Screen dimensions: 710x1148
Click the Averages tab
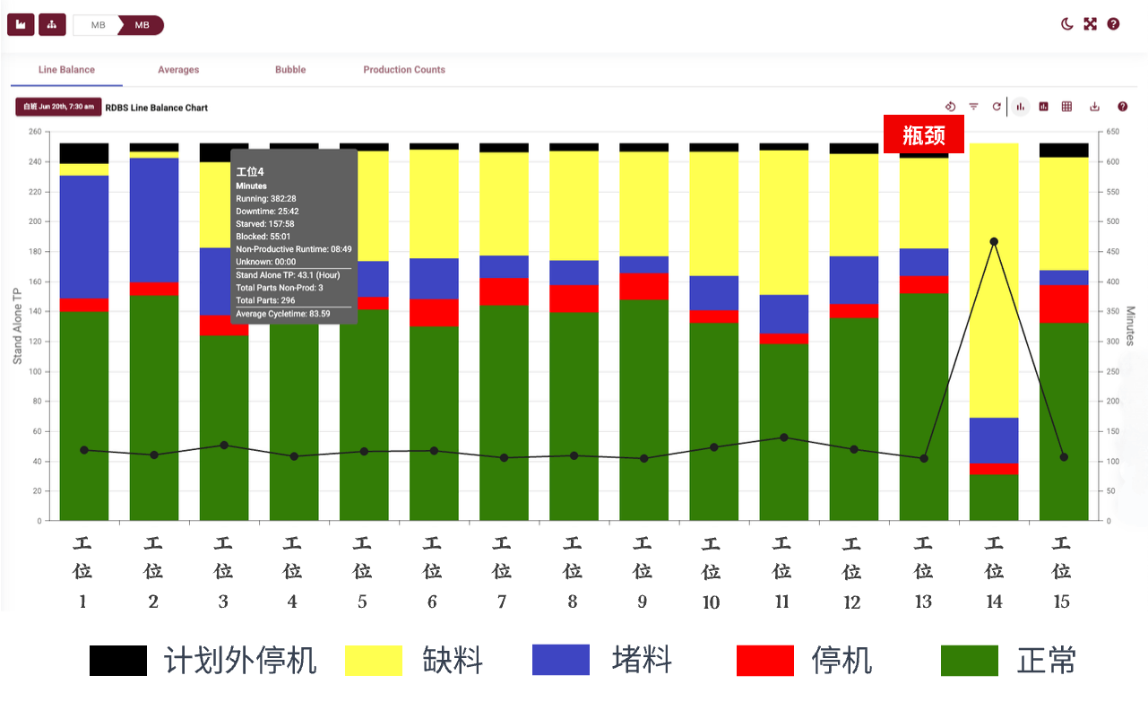pos(178,70)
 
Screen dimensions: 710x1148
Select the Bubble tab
pos(290,70)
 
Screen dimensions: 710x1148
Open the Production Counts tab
pos(404,70)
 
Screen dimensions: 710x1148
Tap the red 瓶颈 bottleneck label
pos(924,134)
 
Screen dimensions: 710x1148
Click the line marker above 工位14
pos(994,241)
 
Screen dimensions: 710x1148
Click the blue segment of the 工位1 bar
pos(84,237)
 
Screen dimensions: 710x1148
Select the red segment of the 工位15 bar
pos(1064,303)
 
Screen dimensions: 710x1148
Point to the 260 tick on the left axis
pos(35,132)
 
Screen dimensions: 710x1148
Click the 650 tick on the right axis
pos(1112,132)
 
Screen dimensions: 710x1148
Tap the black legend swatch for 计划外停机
pos(118,661)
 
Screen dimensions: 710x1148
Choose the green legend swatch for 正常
pos(970,661)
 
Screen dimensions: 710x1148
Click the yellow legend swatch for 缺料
pos(374,661)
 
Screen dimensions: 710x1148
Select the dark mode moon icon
pos(1066,24)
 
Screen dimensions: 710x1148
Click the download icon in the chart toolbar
pos(1094,107)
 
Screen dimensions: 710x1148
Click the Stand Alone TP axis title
pos(17,326)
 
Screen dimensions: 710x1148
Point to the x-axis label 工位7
pos(502,571)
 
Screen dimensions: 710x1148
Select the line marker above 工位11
pos(784,437)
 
